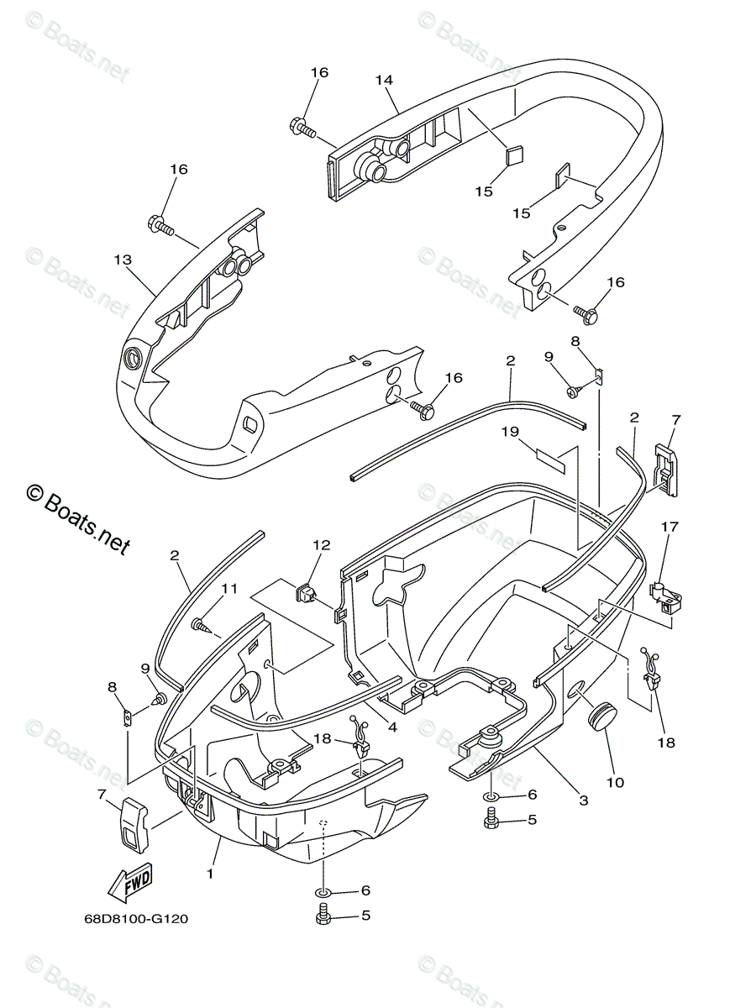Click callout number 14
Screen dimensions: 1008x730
tap(384, 80)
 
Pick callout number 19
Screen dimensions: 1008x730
tap(511, 432)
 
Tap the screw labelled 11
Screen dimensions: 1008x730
tap(201, 625)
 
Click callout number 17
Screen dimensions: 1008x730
tap(670, 527)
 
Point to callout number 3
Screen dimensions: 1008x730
tap(584, 801)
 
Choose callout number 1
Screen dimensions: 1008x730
tap(210, 874)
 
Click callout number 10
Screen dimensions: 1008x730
tap(615, 782)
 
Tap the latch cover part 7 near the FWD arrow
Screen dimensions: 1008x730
tap(134, 824)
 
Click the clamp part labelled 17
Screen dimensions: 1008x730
tap(668, 592)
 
